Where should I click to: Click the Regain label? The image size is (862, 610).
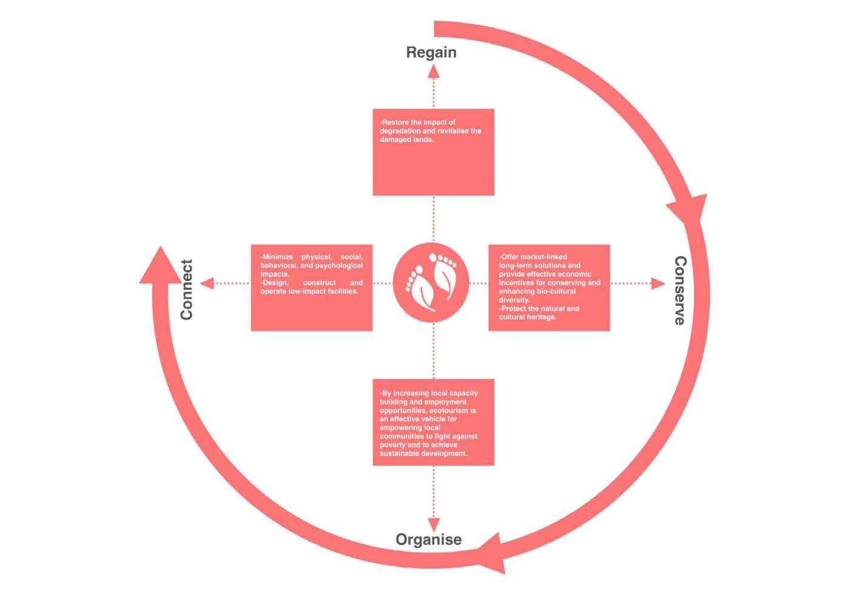pyautogui.click(x=431, y=52)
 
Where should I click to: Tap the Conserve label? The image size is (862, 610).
pyautogui.click(x=681, y=290)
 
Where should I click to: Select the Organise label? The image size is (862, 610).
pyautogui.click(x=428, y=540)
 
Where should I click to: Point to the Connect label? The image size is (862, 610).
pyautogui.click(x=186, y=290)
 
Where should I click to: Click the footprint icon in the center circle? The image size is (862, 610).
pyautogui.click(x=431, y=283)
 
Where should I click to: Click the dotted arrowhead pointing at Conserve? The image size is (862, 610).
pyautogui.click(x=658, y=283)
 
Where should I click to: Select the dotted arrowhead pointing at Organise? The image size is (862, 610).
pyautogui.click(x=433, y=525)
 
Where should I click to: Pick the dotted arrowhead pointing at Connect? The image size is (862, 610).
pyautogui.click(x=207, y=283)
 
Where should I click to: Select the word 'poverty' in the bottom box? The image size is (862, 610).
pyautogui.click(x=393, y=445)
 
